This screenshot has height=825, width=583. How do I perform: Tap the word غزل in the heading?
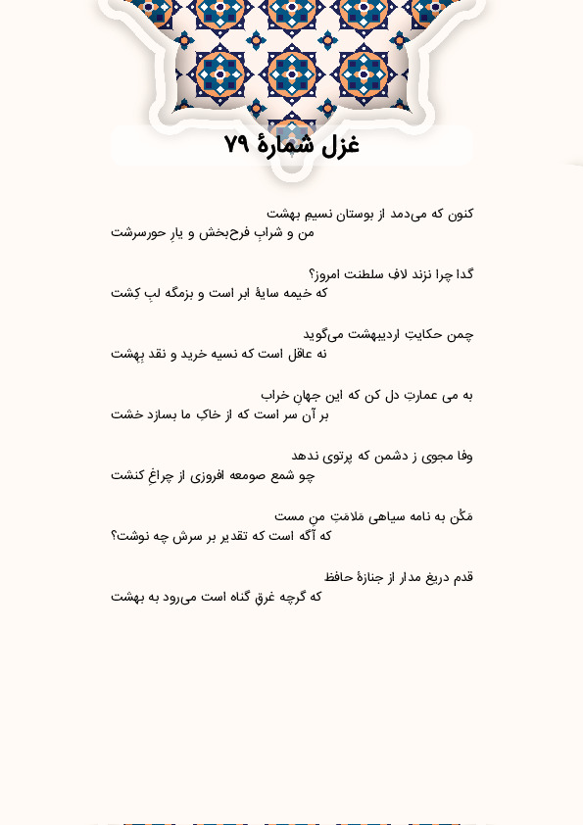click(x=339, y=146)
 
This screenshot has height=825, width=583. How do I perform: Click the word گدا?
click(x=462, y=273)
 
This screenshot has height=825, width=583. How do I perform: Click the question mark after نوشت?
click(x=115, y=536)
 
